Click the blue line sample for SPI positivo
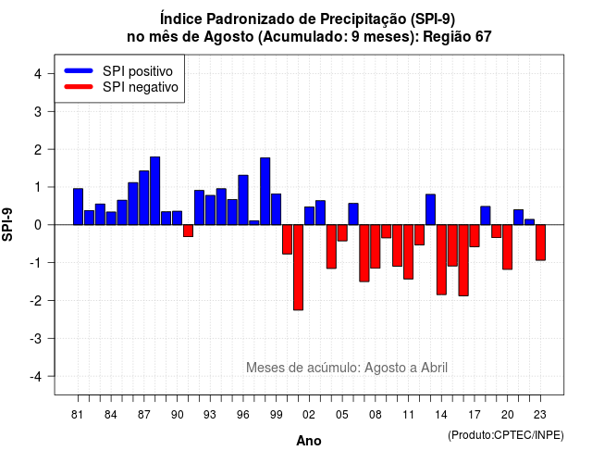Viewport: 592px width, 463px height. tap(79, 70)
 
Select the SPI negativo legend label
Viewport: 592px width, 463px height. tap(141, 87)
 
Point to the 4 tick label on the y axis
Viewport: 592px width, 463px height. tap(38, 74)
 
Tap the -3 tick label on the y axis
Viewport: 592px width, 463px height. tap(36, 338)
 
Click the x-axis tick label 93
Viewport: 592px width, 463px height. tap(210, 415)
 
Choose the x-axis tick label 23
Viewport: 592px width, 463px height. tap(540, 415)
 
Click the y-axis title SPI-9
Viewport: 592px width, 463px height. tap(7, 224)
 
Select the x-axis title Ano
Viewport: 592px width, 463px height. tap(309, 441)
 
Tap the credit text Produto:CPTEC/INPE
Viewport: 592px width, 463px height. tap(506, 435)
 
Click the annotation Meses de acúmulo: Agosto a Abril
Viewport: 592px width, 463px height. tap(347, 368)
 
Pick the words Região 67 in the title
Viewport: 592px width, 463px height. tap(457, 37)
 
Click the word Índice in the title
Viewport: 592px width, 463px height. tap(181, 19)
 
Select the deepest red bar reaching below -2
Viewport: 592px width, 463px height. tap(298, 268)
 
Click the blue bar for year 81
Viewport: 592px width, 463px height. tap(78, 206)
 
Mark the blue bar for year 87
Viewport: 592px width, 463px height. tap(144, 197)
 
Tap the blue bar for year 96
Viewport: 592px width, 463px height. tap(243, 200)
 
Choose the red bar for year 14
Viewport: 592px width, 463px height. tap(441, 259)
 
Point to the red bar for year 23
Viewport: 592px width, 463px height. tap(540, 243)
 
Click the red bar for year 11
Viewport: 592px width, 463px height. tap(409, 252)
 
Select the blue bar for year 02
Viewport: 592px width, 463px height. tap(309, 216)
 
